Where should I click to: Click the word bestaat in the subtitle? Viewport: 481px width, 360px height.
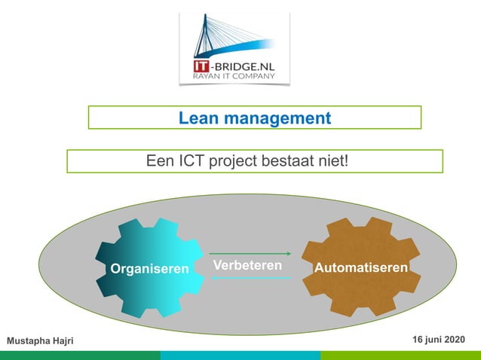290,161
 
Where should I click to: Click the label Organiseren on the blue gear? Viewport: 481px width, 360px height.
150,268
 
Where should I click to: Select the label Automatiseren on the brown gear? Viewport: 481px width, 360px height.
361,268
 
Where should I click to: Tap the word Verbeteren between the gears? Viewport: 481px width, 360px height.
248,266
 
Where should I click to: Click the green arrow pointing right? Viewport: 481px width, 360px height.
250,254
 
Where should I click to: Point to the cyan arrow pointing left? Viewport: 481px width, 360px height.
250,279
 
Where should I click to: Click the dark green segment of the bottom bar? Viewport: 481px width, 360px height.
80,355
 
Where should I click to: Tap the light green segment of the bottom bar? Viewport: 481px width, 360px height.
400,355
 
